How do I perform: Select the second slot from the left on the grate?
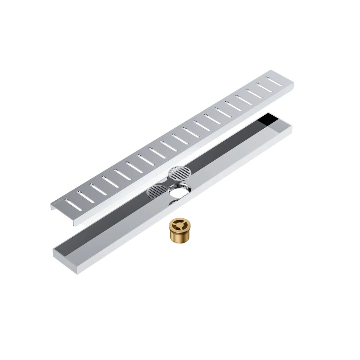pos(86,197)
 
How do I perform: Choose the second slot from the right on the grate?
pos(264,88)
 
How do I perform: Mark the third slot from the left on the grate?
pos(98,189)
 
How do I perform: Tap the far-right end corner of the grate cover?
pos(292,84)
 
